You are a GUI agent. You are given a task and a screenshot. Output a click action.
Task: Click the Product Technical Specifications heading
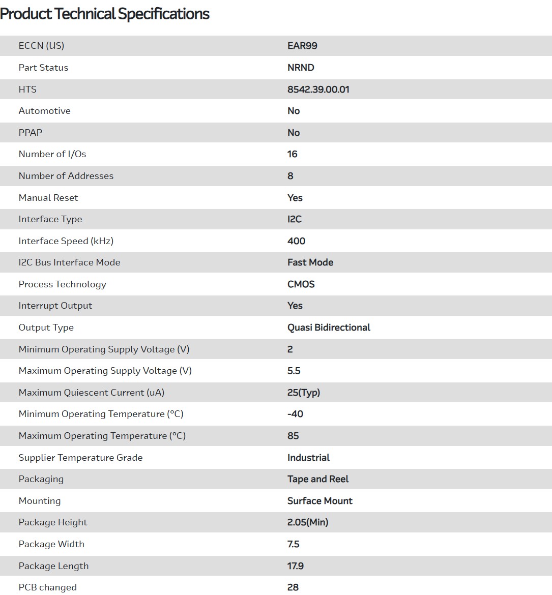click(105, 14)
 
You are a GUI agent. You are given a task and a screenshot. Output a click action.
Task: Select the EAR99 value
click(302, 46)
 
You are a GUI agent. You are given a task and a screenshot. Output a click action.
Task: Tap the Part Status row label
click(43, 68)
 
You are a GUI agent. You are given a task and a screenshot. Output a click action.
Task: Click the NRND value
click(301, 68)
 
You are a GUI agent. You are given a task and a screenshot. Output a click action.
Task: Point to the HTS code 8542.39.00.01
click(318, 90)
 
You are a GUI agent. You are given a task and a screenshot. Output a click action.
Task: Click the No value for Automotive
click(294, 111)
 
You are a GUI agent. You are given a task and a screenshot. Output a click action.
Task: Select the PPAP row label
click(31, 133)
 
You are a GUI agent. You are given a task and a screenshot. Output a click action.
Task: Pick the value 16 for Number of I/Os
click(292, 154)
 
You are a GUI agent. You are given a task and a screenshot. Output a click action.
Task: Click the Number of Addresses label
click(66, 176)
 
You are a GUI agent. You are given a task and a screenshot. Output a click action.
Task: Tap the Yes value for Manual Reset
click(295, 198)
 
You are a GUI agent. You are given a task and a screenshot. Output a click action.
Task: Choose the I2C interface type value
click(294, 219)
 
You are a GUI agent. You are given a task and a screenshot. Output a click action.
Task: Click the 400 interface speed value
click(296, 241)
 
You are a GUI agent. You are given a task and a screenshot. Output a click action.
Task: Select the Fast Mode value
click(310, 262)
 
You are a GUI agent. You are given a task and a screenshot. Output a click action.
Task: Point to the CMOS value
click(301, 284)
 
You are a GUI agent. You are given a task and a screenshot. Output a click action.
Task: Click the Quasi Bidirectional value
click(329, 328)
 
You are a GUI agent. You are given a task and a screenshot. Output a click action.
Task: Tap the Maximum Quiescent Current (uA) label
click(92, 393)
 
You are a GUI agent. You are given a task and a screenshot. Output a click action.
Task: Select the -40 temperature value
click(295, 414)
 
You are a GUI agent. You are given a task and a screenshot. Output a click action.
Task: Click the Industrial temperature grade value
click(308, 458)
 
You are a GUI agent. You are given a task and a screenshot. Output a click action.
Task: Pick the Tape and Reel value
click(318, 479)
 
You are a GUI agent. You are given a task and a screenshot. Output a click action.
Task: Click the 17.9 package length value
click(295, 566)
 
